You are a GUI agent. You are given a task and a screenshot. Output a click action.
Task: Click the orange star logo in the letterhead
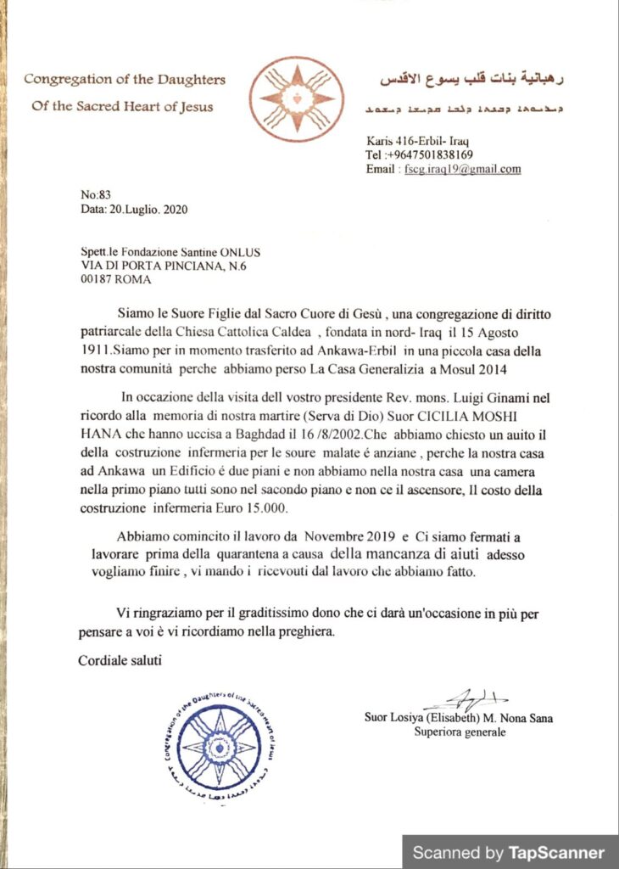[x=296, y=99]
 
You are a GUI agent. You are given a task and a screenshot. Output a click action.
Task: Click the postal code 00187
[x=98, y=280]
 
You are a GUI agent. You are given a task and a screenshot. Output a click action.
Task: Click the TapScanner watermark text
[x=510, y=852]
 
